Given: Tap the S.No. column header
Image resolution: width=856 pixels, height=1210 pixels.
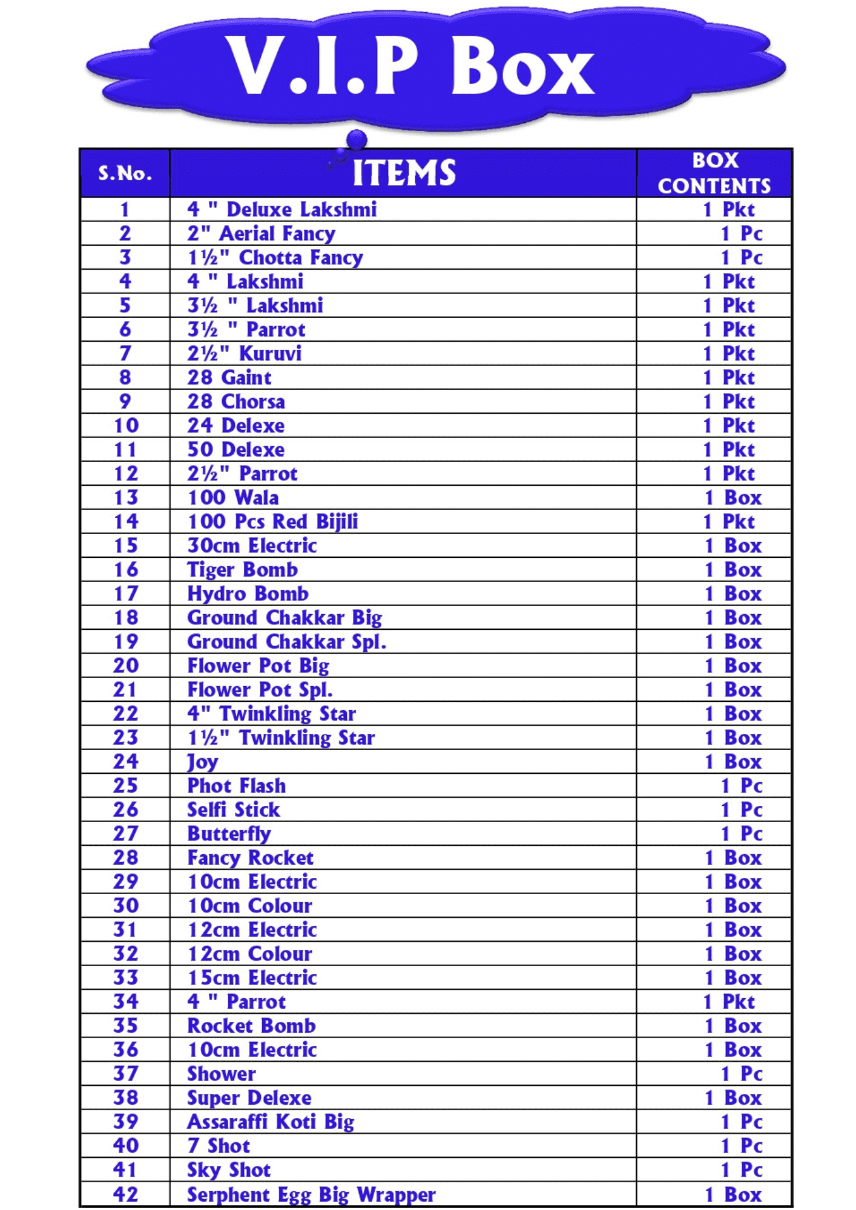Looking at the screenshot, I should click(125, 174).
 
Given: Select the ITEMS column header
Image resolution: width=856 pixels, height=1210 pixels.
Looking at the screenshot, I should click(404, 173).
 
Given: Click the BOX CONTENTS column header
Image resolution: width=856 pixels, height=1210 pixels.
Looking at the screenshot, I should click(714, 173).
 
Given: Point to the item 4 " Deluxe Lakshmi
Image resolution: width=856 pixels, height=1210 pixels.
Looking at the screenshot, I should click(282, 210).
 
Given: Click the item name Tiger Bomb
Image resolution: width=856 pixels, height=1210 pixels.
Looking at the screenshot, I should click(242, 570).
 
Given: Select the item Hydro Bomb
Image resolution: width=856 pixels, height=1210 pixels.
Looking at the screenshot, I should click(248, 594).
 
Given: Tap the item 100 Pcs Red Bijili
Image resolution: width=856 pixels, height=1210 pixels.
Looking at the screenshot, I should click(272, 522).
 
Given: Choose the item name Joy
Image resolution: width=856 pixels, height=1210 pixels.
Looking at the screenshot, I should click(202, 762).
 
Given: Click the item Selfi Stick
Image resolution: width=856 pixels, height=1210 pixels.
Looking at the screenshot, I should click(233, 810).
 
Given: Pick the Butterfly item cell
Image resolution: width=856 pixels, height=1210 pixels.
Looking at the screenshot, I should click(229, 834).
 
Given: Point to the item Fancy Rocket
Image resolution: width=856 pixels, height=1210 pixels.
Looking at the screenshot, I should click(250, 858).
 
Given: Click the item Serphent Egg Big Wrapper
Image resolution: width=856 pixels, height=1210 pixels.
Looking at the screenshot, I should click(311, 1195).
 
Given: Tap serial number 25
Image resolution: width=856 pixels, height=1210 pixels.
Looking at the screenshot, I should click(125, 786).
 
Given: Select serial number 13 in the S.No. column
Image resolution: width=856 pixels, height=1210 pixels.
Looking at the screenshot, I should click(125, 498).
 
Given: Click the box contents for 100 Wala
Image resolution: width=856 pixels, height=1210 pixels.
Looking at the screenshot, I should click(733, 498).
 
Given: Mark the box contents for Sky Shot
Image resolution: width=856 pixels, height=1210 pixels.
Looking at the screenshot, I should click(742, 1170).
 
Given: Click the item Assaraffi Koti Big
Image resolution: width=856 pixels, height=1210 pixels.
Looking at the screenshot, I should click(271, 1122).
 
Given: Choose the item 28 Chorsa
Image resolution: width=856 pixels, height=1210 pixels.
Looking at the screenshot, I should click(235, 402).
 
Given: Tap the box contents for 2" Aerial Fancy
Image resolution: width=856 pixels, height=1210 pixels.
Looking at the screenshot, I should click(742, 234).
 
